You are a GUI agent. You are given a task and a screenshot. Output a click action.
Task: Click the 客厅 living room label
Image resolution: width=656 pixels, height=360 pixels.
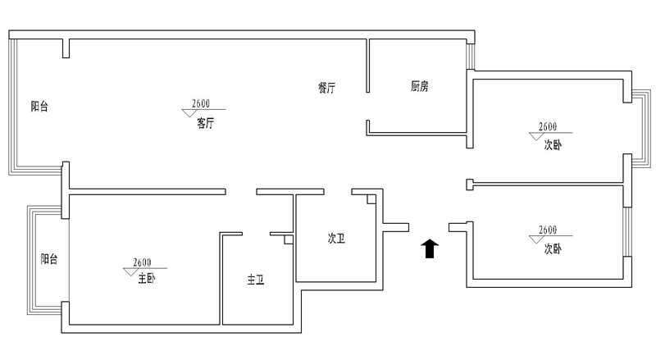tap(205, 124)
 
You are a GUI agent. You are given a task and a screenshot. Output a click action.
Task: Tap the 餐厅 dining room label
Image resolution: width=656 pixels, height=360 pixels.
tap(326, 88)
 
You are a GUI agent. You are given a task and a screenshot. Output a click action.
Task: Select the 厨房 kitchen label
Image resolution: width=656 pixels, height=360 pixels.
tap(419, 87)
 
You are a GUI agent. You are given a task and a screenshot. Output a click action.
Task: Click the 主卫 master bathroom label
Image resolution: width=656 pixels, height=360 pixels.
tap(256, 280)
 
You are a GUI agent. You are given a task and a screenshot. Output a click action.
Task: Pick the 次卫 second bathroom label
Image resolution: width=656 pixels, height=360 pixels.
tap(336, 239)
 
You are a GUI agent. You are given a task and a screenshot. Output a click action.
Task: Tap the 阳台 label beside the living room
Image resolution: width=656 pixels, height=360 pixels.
tap(39, 106)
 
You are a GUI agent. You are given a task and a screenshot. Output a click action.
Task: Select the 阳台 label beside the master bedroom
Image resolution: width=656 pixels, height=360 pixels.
tap(49, 259)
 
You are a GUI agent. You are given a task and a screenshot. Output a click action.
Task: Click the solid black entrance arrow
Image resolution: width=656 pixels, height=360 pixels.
tap(429, 248)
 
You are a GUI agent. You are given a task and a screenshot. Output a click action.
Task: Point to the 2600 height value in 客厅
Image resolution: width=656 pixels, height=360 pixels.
tap(202, 103)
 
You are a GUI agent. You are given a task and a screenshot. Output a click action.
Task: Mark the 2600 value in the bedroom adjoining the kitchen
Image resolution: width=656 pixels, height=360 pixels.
tap(548, 126)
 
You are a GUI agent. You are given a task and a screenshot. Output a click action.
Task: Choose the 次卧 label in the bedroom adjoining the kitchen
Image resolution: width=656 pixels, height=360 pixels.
tap(553, 145)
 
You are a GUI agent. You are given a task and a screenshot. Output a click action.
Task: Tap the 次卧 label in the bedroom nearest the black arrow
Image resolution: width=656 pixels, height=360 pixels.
tap(553, 248)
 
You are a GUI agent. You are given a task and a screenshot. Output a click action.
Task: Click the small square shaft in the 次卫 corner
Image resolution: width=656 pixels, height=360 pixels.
tap(371, 198)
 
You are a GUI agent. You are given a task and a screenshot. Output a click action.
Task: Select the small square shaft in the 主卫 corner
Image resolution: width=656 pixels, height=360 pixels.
tap(288, 241)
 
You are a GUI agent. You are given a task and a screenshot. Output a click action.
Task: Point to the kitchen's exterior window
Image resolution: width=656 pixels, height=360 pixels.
tap(470, 56)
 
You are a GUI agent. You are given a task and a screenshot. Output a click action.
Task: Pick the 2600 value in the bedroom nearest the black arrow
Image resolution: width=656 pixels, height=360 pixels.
tap(548, 230)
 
